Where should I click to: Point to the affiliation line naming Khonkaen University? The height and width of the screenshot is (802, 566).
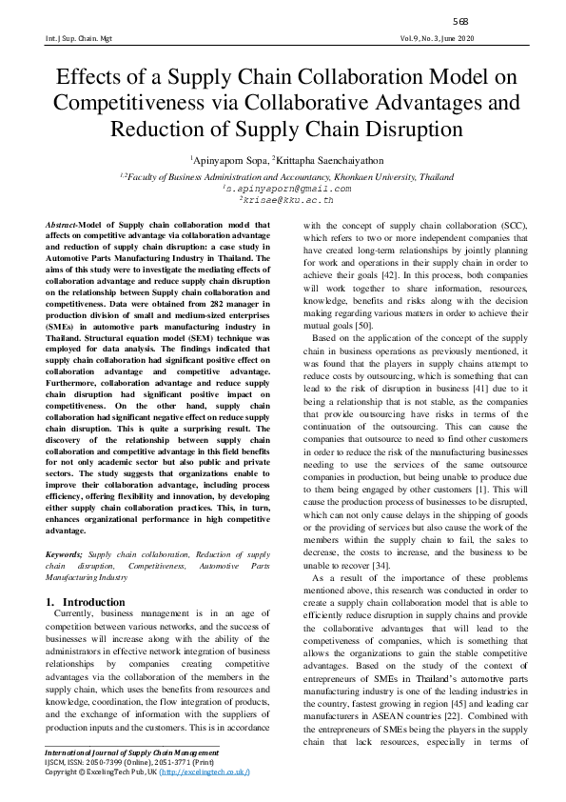click(283, 176)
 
